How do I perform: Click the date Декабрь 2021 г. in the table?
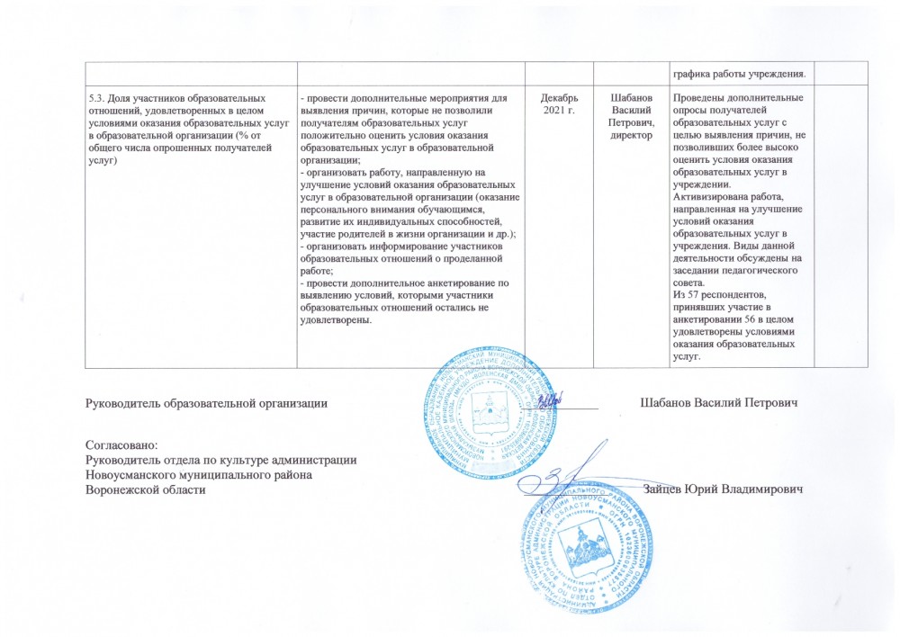pyautogui.click(x=561, y=103)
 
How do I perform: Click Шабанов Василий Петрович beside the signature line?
pyautogui.click(x=719, y=401)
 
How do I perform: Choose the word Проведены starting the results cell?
pyautogui.click(x=699, y=96)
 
